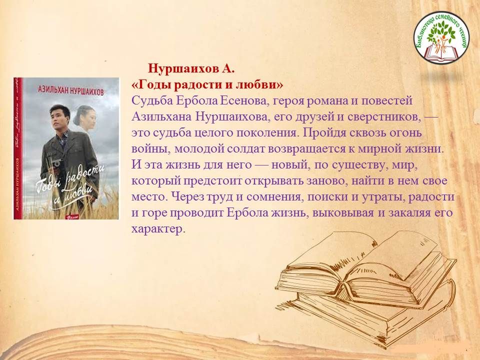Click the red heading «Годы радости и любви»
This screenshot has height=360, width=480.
(x=207, y=85)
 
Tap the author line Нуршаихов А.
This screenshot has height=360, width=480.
(x=191, y=68)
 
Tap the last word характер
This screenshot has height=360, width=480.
(x=158, y=229)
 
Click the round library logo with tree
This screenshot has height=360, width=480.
(x=441, y=37)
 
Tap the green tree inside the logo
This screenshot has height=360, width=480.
(x=441, y=33)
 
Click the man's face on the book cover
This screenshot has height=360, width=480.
(x=59, y=117)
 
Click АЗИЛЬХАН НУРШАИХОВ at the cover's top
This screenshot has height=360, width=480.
(x=70, y=90)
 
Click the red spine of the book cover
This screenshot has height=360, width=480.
(x=18, y=148)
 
